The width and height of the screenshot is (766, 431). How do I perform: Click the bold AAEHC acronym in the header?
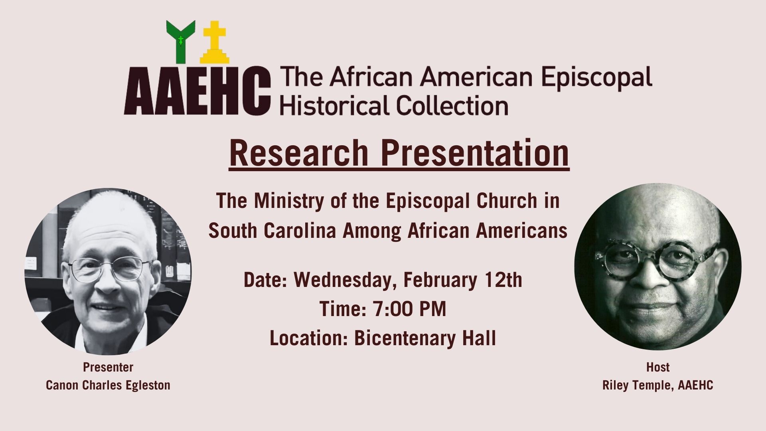coord(197,91)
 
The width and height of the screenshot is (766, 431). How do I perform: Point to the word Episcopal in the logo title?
coord(597,77)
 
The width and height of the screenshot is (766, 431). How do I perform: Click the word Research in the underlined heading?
coord(298,153)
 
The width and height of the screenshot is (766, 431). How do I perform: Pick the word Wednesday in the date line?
coord(345,280)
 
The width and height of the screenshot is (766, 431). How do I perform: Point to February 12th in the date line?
coord(463,280)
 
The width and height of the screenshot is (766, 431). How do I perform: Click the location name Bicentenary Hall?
coord(425,338)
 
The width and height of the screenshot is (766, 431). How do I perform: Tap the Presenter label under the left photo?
coord(108,367)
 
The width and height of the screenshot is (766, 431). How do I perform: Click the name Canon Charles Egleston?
coord(108,385)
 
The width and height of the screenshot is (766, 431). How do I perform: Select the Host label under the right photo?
coord(657,367)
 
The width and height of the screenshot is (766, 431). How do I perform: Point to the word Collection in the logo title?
coord(452,105)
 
